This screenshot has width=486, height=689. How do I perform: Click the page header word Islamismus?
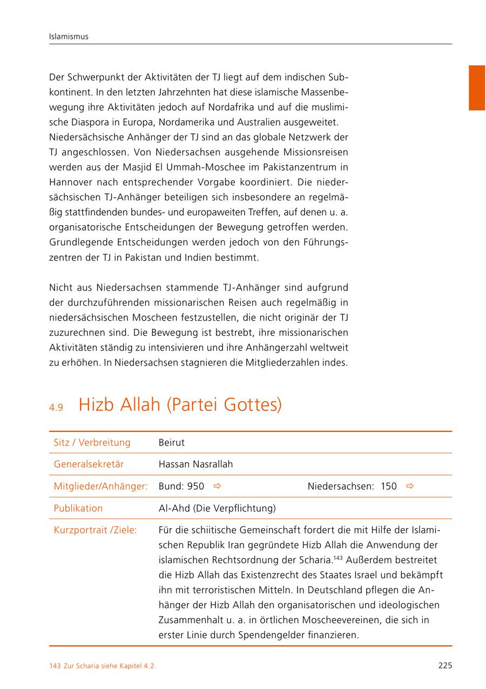(x=69, y=37)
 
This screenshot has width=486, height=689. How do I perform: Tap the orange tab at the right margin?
(x=476, y=87)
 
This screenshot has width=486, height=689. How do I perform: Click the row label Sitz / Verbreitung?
(x=92, y=442)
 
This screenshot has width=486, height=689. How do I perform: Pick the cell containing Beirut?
(x=172, y=442)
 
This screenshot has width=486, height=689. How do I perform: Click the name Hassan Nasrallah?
(x=195, y=464)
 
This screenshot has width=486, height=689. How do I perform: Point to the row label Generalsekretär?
(x=89, y=464)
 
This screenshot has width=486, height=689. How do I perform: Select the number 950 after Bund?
(x=195, y=487)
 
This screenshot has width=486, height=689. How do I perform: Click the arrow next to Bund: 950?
(x=217, y=487)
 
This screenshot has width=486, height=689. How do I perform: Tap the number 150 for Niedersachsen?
(x=389, y=487)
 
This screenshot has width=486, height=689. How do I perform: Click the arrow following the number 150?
(x=410, y=487)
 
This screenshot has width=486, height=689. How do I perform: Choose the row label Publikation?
(x=78, y=508)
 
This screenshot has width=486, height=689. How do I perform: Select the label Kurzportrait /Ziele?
(x=95, y=530)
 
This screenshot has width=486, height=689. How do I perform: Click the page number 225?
(x=445, y=666)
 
